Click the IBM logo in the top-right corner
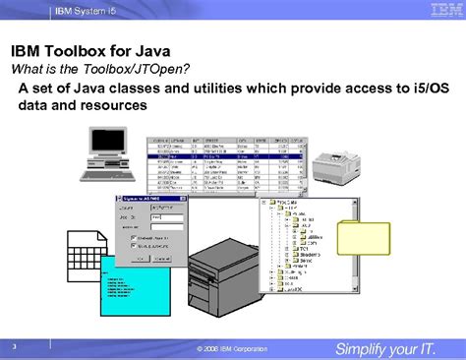point(438,11)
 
